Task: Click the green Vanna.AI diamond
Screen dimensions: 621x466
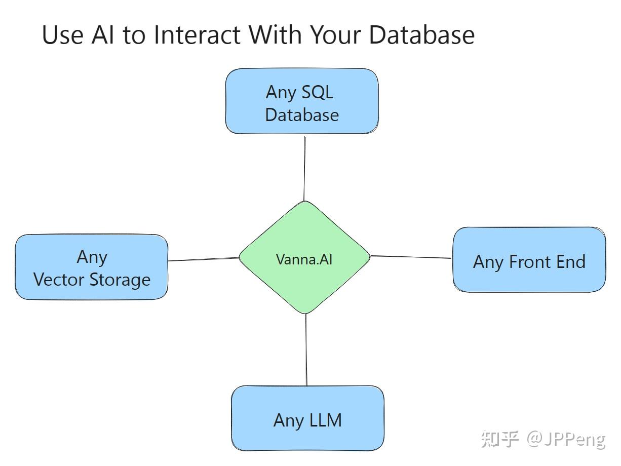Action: (x=304, y=257)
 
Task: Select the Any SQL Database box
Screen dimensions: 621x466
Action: (x=302, y=101)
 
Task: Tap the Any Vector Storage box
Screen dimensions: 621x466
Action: (x=91, y=267)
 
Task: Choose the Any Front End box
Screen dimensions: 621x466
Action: (x=529, y=259)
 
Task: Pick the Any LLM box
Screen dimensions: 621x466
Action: (x=307, y=418)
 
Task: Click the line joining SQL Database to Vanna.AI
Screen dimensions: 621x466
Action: (x=304, y=169)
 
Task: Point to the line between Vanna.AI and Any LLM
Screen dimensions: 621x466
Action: (x=306, y=349)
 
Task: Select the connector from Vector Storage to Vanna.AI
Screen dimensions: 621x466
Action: (x=204, y=259)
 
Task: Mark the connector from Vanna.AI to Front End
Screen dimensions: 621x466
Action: (x=411, y=257)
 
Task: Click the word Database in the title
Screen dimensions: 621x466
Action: (x=421, y=35)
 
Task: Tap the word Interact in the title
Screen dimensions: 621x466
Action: (x=197, y=35)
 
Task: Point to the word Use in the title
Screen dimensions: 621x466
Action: (x=62, y=35)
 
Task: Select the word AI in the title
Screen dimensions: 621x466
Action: (x=103, y=35)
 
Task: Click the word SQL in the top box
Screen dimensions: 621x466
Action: (x=317, y=92)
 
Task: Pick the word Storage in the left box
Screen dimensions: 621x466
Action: (x=120, y=280)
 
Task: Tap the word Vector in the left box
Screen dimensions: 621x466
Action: (x=59, y=280)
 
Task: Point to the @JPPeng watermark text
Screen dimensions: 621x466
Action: (x=566, y=439)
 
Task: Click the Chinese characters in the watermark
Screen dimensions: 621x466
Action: (x=500, y=439)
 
